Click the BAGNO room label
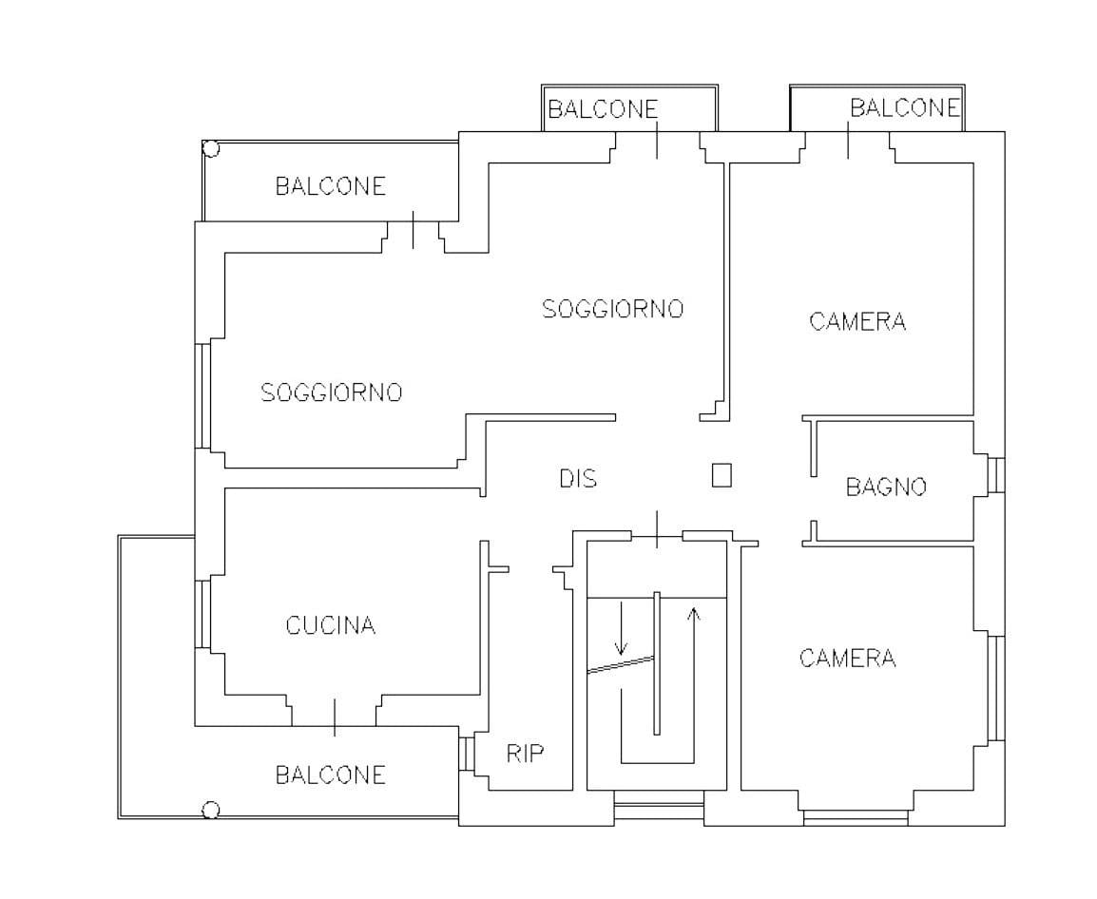885,488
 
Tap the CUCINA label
331,626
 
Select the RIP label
525,755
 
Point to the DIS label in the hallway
578,479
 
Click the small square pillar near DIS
722,475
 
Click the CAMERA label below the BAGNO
847,659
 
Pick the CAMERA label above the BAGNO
857,321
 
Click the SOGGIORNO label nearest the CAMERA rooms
612,309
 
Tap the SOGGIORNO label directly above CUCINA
332,392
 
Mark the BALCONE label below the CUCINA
331,775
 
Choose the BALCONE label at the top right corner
904,108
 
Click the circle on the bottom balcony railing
211,810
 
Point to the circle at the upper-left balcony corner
211,149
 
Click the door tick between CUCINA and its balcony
334,717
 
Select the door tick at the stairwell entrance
657,528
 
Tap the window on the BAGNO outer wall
995,474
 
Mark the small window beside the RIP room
466,752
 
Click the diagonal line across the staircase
621,664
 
